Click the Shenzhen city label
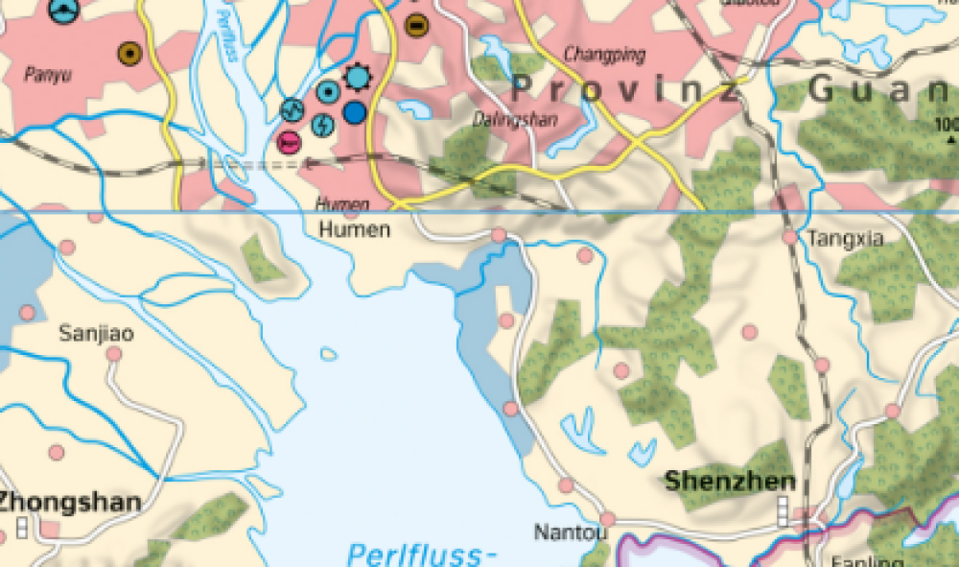click(730, 482)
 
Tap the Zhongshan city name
click(69, 502)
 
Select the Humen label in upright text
click(354, 230)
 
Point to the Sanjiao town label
click(96, 334)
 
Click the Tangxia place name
click(846, 239)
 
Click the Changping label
click(605, 55)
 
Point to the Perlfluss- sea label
click(422, 555)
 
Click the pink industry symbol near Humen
click(288, 142)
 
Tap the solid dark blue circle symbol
click(354, 112)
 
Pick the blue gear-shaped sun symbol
click(358, 76)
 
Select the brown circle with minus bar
click(416, 25)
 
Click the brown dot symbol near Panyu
click(129, 54)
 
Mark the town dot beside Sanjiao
click(114, 354)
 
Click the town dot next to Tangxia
click(789, 237)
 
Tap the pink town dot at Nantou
click(607, 520)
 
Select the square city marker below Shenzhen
click(783, 511)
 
